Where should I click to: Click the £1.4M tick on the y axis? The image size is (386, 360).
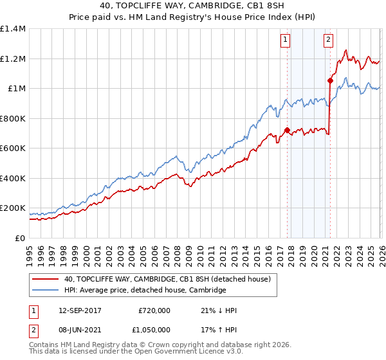point(13,29)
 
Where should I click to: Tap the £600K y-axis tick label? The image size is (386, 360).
point(13,148)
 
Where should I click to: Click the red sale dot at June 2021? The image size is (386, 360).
point(330,81)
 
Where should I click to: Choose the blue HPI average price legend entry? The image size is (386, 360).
point(145,290)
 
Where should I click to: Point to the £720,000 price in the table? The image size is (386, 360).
point(154,310)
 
